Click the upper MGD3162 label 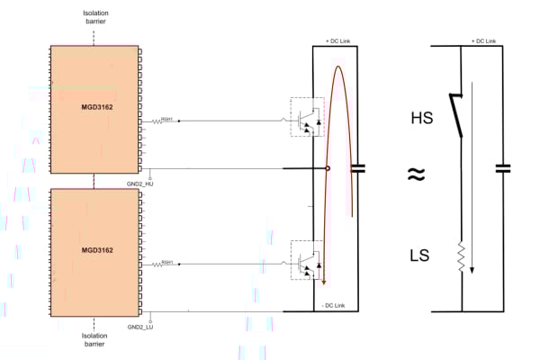[95, 106]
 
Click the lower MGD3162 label [95, 249]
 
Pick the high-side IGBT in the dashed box [307, 116]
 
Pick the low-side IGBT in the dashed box [307, 261]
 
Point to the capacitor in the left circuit [357, 167]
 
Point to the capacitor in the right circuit [505, 167]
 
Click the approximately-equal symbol [415, 175]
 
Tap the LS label [419, 257]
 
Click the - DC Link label [337, 304]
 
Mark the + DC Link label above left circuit [337, 40]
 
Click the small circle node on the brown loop [327, 168]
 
